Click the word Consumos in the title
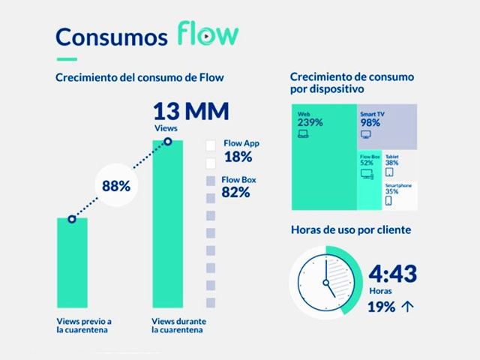tap(110, 37)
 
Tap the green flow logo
tap(208, 34)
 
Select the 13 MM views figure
tap(190, 112)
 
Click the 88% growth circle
tap(115, 186)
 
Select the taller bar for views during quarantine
tap(167, 225)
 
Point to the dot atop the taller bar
tap(167, 141)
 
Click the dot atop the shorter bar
tap(72, 219)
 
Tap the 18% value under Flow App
tap(237, 157)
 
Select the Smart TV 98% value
tap(370, 122)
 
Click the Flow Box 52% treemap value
tap(367, 163)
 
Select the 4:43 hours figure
tap(392, 274)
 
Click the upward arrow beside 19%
tap(408, 306)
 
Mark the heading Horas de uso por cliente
tap(350, 229)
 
